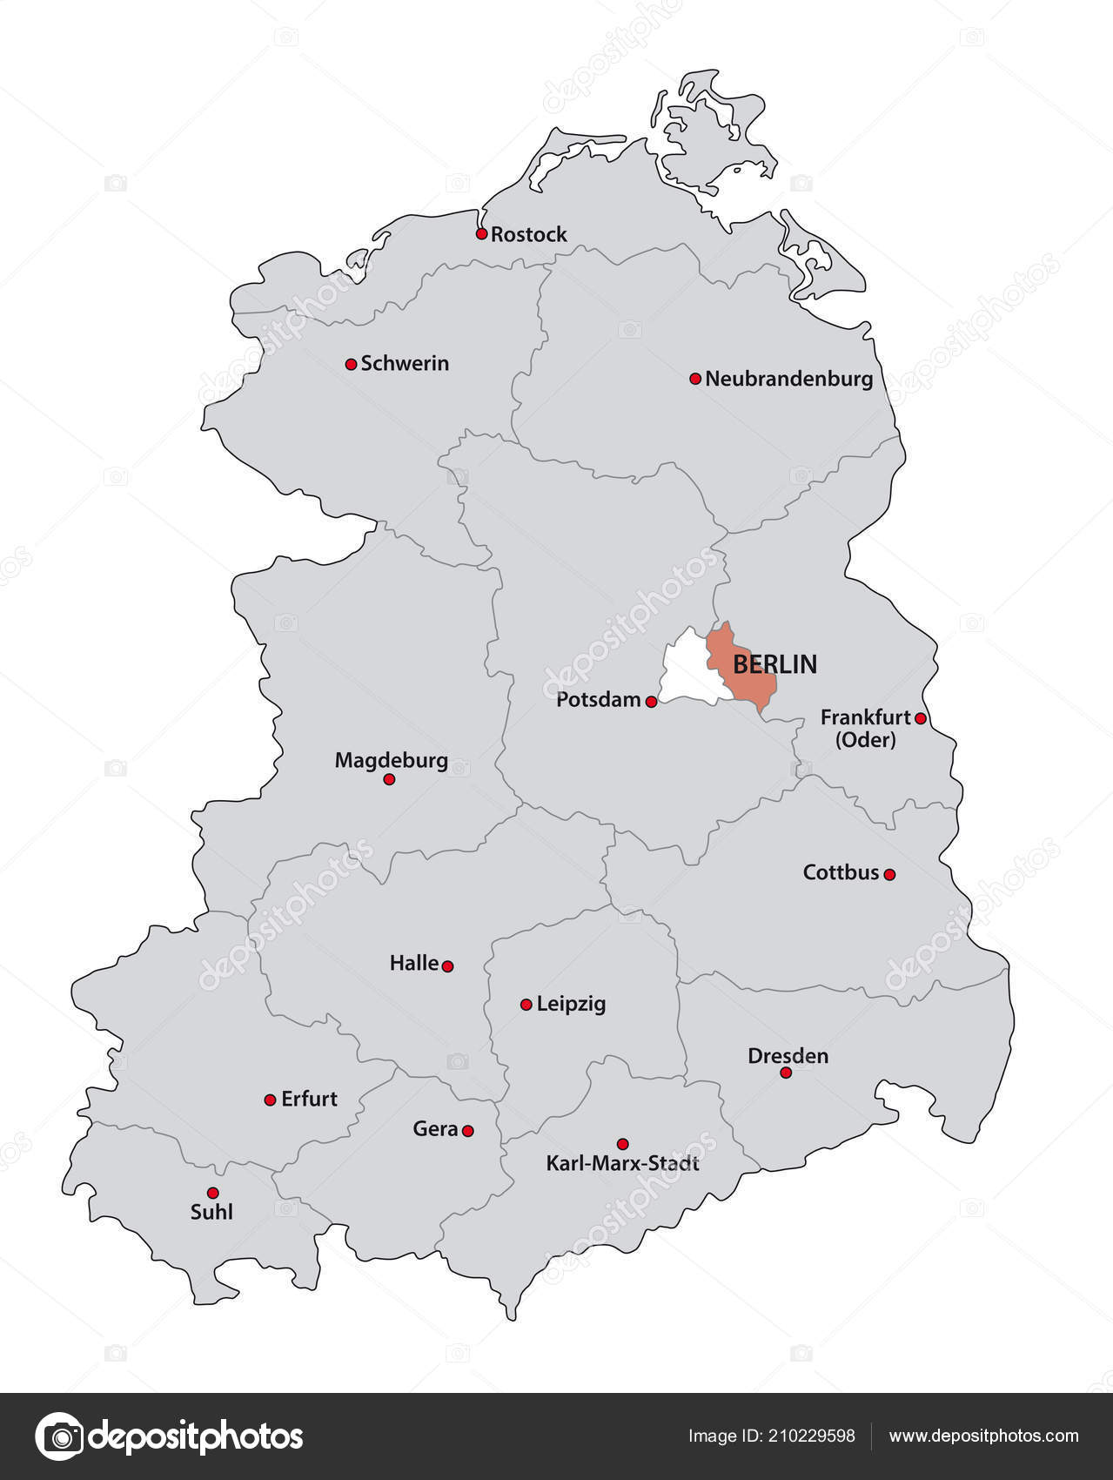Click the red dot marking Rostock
[481, 233]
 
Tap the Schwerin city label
[405, 363]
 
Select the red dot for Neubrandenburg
[695, 379]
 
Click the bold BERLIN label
[774, 664]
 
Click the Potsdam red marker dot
[651, 702]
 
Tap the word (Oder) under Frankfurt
[865, 740]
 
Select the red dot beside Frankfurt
[921, 718]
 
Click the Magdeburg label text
[391, 760]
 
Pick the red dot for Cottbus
[889, 874]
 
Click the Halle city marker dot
[447, 965]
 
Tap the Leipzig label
[571, 1004]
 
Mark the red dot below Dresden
[786, 1073]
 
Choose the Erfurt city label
[309, 1099]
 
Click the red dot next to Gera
[467, 1131]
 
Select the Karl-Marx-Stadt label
[622, 1163]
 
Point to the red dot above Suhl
[212, 1193]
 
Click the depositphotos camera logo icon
[59, 1436]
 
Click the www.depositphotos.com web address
[983, 1436]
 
